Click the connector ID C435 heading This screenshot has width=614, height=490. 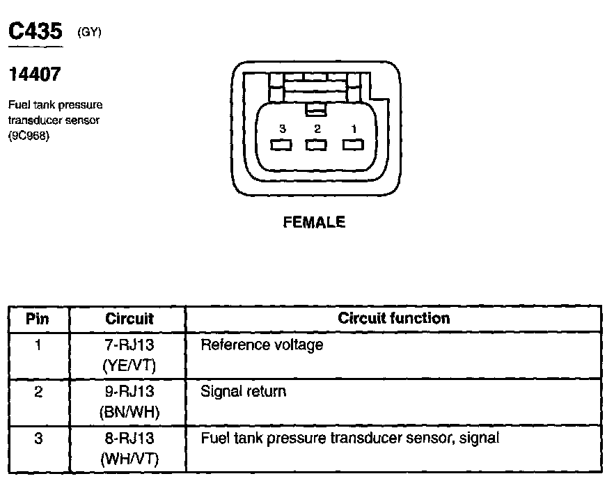pyautogui.click(x=36, y=31)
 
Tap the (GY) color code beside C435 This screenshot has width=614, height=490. pyautogui.click(x=90, y=32)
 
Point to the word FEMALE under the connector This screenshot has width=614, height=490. pyautogui.click(x=314, y=223)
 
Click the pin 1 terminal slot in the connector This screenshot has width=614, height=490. pyautogui.click(x=353, y=145)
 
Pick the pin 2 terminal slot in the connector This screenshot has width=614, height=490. pyautogui.click(x=317, y=145)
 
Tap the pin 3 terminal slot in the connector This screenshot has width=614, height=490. pyautogui.click(x=281, y=145)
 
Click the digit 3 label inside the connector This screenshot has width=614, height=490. pyautogui.click(x=283, y=129)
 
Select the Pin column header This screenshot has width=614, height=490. pyautogui.click(x=38, y=319)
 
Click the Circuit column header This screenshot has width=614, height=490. pyautogui.click(x=129, y=319)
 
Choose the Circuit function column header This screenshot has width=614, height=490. pyautogui.click(x=393, y=318)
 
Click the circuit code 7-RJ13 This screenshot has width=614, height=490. pyautogui.click(x=129, y=345)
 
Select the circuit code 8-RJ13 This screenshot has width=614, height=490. pyautogui.click(x=129, y=438)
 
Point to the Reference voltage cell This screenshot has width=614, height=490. pyautogui.click(x=262, y=345)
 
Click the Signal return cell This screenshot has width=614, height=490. pyautogui.click(x=243, y=391)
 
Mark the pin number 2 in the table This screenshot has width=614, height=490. pyautogui.click(x=38, y=392)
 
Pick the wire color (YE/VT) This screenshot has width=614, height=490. pyautogui.click(x=129, y=364)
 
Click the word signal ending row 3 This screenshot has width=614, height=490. pyautogui.click(x=480, y=438)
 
